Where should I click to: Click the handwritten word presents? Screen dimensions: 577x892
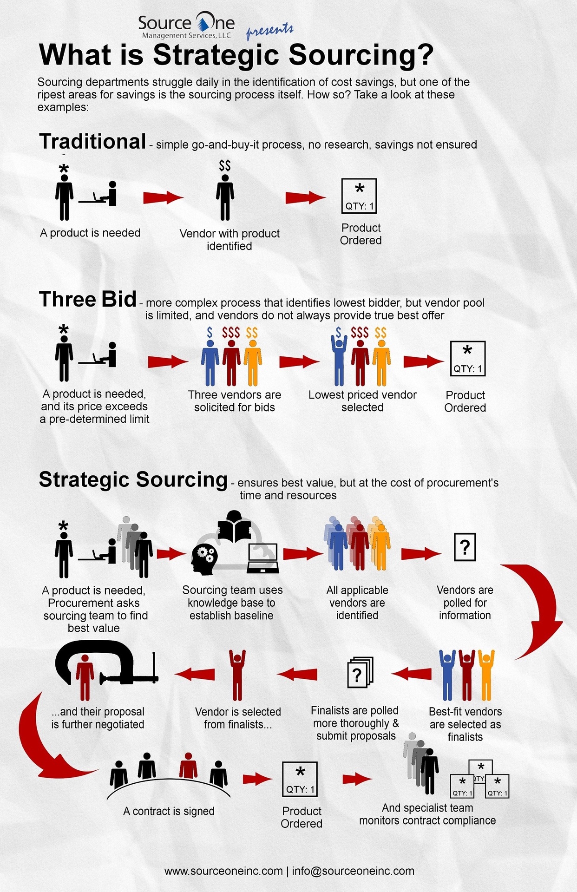pos(269,31)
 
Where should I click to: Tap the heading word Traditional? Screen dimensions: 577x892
pos(93,141)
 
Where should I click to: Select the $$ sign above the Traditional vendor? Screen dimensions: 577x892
pos(225,165)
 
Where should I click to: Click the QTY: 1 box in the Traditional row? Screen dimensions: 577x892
pos(359,196)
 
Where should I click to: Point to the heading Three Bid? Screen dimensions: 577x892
pos(88,299)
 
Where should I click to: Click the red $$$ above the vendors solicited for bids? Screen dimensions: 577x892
pos(231,333)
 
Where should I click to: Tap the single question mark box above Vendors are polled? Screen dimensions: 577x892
pos(465,547)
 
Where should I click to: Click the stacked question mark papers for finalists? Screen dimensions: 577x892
pos(360,672)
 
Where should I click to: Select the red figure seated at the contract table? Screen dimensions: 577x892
pos(189,765)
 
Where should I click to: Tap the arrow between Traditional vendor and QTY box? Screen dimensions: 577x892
pos(305,197)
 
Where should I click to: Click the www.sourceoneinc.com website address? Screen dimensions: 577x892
pos(223,871)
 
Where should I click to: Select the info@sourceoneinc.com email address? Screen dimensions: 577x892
pos(353,871)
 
